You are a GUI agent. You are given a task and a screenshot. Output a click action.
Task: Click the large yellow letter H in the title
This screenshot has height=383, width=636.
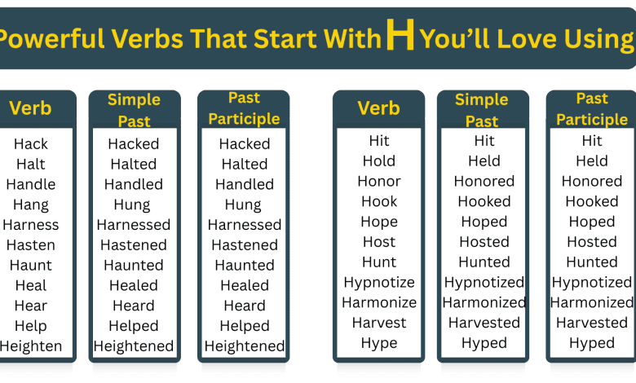tap(400, 36)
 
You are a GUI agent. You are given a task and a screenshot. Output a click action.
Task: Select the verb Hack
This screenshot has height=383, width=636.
tap(31, 144)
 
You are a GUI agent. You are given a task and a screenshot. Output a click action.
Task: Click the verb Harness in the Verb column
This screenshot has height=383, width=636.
tap(31, 225)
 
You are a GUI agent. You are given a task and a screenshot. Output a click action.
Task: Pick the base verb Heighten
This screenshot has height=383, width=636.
tap(31, 346)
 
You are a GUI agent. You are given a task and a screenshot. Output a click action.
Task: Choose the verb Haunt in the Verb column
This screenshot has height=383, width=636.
tap(31, 266)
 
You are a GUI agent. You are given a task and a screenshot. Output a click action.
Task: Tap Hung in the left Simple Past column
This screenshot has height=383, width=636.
tap(134, 205)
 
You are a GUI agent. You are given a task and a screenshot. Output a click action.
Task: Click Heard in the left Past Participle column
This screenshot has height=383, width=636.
tap(245, 306)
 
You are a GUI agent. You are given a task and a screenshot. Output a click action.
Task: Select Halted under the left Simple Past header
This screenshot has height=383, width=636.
tap(134, 165)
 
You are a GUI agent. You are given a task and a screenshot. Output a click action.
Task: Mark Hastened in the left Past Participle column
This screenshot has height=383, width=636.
tap(245, 245)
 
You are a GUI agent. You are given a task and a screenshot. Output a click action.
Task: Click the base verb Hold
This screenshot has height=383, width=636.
tap(379, 161)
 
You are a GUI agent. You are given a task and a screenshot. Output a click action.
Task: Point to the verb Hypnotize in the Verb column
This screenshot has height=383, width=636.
tap(379, 283)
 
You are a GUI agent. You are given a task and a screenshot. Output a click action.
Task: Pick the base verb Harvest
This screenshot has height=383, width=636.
tap(379, 324)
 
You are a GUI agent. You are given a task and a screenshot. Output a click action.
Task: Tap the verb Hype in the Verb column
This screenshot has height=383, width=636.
tap(379, 343)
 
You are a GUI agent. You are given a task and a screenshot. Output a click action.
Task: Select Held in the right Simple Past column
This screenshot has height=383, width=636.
tap(484, 161)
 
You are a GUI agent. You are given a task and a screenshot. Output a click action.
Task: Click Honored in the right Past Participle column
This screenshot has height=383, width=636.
tap(592, 182)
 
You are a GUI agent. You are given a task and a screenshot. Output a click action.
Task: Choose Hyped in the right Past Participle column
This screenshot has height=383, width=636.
tap(592, 343)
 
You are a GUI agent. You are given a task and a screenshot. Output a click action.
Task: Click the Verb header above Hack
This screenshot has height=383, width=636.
tap(30, 108)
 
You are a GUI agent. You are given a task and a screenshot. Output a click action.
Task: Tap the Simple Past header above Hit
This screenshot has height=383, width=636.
tap(482, 110)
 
